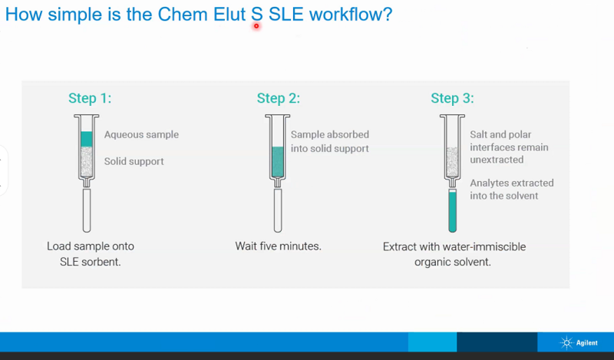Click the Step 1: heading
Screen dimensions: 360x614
(90, 98)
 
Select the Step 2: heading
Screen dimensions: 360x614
(278, 98)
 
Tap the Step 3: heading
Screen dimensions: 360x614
(452, 98)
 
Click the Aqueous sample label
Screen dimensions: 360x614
(141, 134)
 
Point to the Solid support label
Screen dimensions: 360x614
(134, 161)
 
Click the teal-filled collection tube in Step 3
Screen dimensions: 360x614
(452, 210)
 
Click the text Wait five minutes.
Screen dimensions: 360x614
(278, 246)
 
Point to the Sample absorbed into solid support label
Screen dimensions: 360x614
(329, 141)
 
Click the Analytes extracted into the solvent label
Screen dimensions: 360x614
(511, 190)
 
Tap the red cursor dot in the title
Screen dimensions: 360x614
(256, 25)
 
